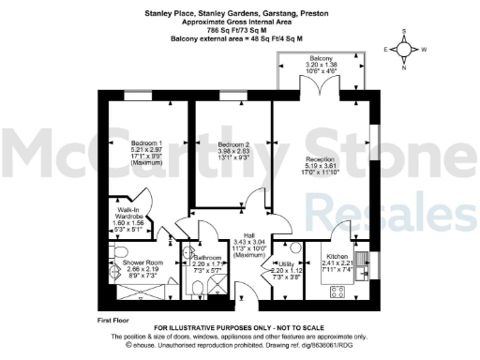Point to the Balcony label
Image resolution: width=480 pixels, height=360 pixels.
coord(321,58)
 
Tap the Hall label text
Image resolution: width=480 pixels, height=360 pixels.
coord(248,234)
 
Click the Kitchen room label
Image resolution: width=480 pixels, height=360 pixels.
coord(337,256)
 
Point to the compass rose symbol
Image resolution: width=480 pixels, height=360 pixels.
coord(405,49)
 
